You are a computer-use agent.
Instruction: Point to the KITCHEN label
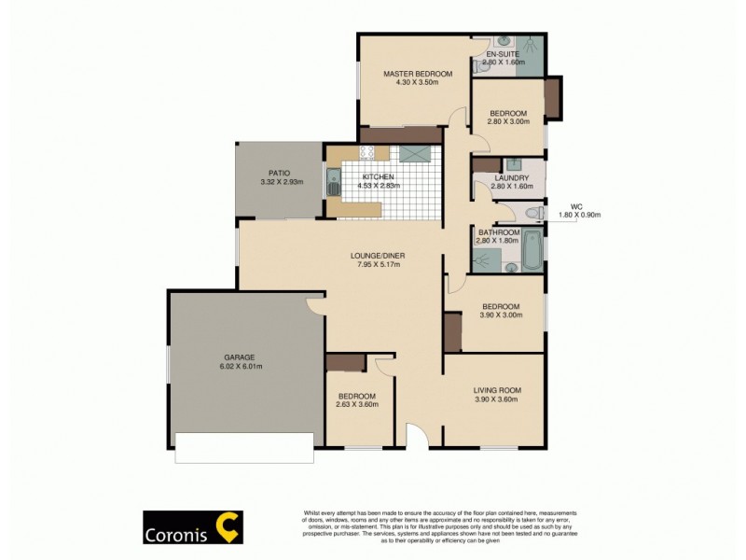click(379, 176)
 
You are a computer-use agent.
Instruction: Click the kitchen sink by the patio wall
click(333, 181)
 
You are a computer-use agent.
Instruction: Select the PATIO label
click(279, 173)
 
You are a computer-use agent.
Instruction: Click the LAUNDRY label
click(511, 177)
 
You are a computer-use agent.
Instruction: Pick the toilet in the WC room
click(532, 214)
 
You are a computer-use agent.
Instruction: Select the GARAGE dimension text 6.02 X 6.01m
click(238, 367)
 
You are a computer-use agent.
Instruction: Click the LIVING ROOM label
click(496, 390)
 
